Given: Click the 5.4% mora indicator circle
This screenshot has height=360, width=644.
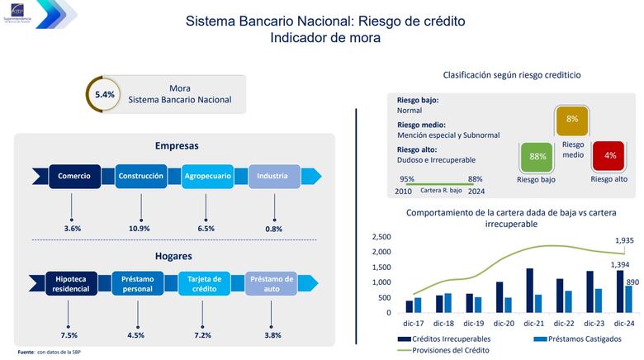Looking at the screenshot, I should pos(105,94).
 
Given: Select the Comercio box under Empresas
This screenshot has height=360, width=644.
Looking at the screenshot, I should pos(74,176).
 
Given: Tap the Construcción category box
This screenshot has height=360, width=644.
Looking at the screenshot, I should pos(140,176).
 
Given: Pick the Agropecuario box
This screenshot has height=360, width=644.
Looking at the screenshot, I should pos(206,176).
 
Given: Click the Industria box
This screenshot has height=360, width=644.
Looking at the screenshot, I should pos(272,176).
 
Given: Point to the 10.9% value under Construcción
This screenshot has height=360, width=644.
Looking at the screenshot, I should pos(140,228).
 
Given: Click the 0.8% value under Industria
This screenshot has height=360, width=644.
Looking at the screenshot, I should pos(273,228).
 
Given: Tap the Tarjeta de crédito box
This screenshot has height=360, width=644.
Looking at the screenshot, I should pos(206,283).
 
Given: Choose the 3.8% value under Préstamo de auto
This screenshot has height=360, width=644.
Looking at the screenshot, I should pos(272,335).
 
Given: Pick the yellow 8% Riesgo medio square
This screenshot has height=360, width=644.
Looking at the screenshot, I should pos(571,121).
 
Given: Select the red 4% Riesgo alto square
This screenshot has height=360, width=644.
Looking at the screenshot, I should pos(610,156).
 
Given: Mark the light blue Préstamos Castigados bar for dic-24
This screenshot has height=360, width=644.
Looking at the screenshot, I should pos(629,299).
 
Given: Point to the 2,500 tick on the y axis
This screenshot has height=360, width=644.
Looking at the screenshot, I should pos(381,237).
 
